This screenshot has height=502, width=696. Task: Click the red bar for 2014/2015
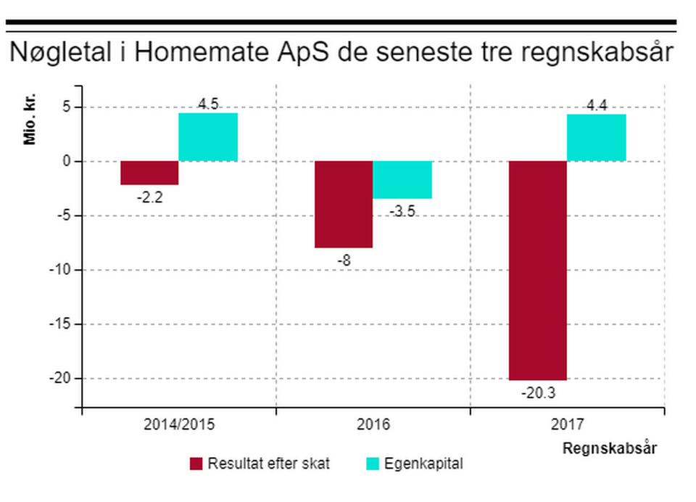[x=149, y=173]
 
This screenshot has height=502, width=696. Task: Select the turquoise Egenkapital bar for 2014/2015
[x=208, y=137]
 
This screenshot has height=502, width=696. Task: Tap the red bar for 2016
[x=344, y=204]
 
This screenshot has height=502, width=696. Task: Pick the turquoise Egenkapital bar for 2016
[x=402, y=180]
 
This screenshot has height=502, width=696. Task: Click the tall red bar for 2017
[x=537, y=270]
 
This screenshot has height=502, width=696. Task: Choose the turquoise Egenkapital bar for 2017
[x=596, y=138]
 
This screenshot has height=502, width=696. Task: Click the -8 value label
[x=344, y=260]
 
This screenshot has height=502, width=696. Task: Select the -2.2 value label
[x=149, y=197]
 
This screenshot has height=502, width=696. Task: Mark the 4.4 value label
[x=597, y=105]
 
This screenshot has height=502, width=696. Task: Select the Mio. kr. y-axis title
[x=30, y=118]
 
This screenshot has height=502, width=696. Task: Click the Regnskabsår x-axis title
[x=610, y=448]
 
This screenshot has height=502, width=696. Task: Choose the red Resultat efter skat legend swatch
[x=196, y=464]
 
